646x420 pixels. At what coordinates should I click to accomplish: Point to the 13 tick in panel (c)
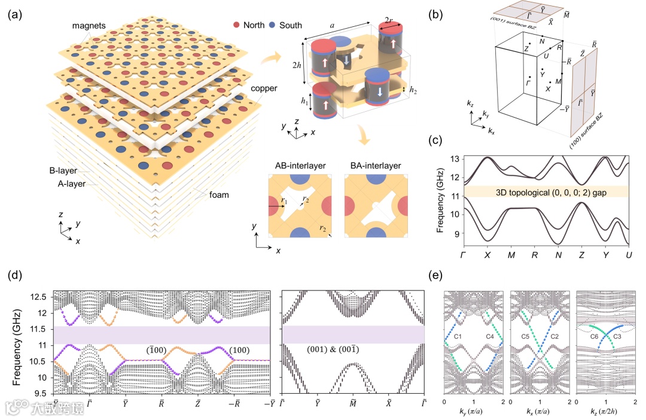click(x=455, y=159)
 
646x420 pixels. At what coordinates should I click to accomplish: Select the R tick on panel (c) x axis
click(x=534, y=255)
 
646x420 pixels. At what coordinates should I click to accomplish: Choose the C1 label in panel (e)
click(x=459, y=338)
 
